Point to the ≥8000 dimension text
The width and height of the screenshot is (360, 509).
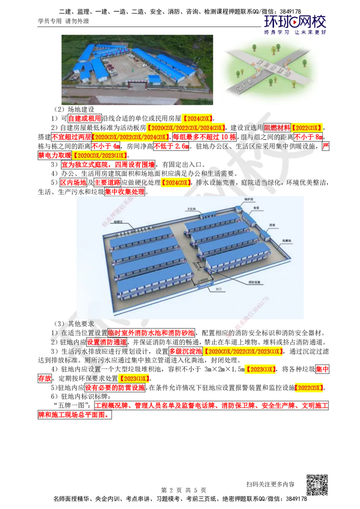tap(202, 279)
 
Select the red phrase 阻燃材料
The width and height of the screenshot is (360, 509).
tap(277, 127)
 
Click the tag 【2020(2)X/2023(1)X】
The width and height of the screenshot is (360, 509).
tap(100, 156)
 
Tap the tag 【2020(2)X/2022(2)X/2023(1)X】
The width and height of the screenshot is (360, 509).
tap(243, 352)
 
